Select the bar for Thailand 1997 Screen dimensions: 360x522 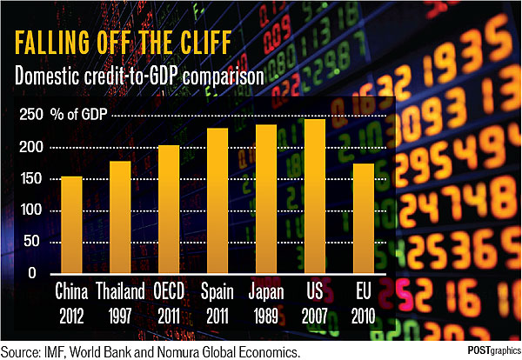point(120,217)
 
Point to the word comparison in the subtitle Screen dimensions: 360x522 point(224,76)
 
